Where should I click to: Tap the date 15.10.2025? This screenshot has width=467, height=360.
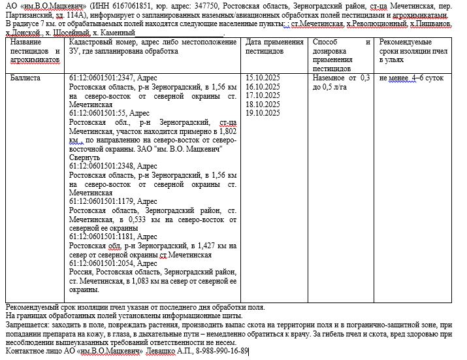[262, 78]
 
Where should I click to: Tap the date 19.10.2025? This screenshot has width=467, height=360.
[262, 113]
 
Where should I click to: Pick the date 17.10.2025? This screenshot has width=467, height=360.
[262, 95]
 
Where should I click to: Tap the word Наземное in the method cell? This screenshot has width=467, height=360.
[329, 78]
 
